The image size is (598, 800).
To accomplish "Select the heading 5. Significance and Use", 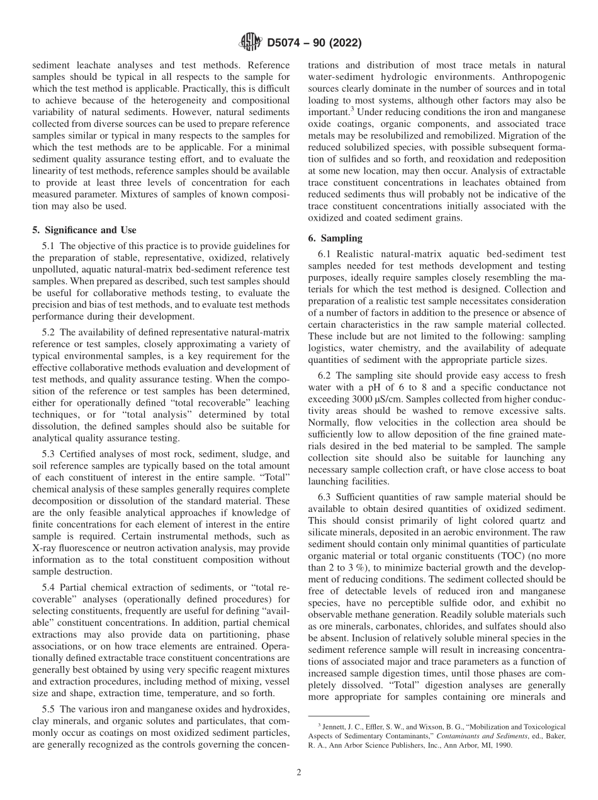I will [x=84, y=230].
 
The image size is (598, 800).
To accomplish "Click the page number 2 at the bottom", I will [x=299, y=773].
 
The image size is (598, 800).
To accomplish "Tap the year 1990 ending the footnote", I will [x=505, y=745].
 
